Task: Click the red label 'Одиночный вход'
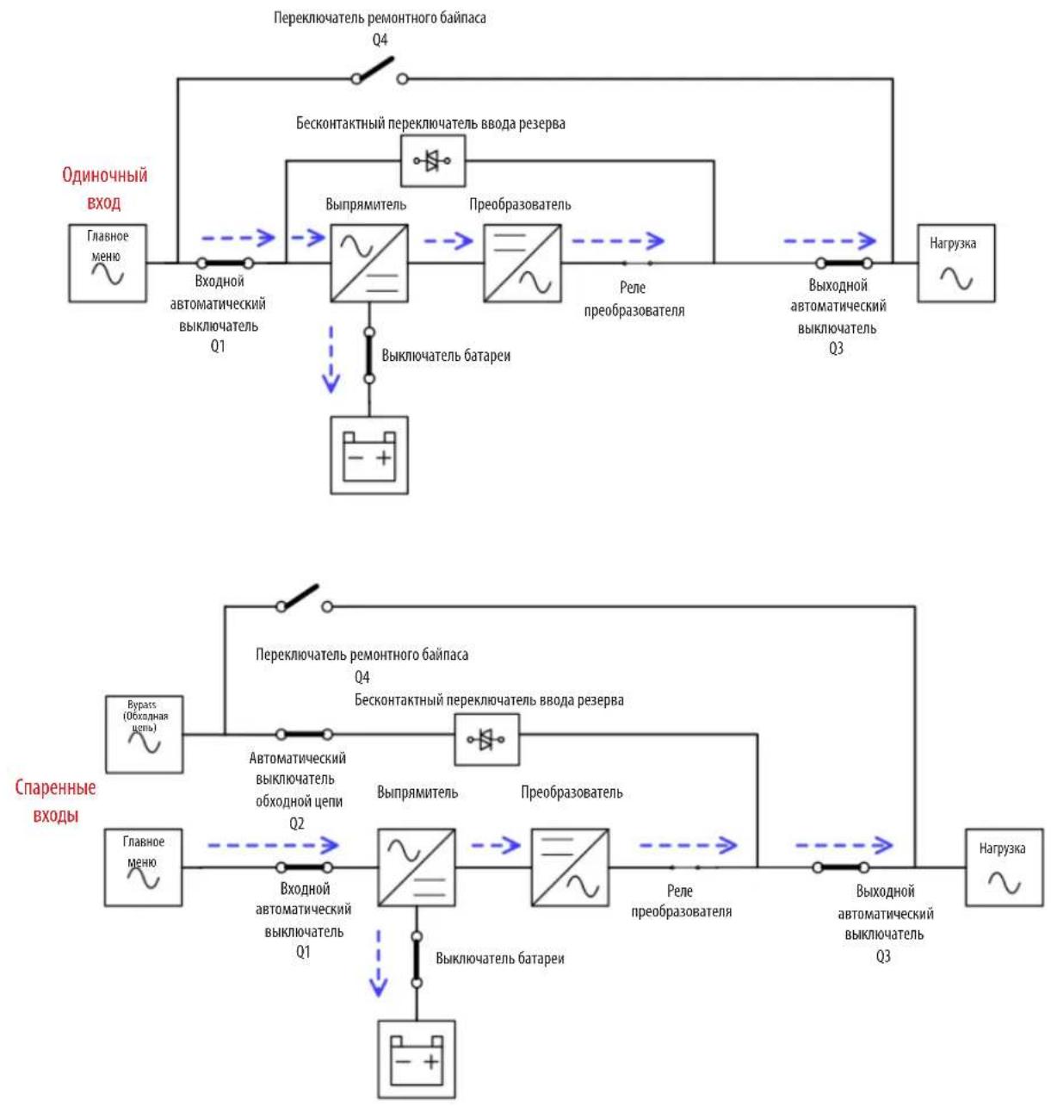[105, 189]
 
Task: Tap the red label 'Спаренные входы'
[55, 801]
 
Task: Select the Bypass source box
[144, 734]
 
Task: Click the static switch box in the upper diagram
[432, 160]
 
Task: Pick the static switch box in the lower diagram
[486, 739]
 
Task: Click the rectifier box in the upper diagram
[369, 264]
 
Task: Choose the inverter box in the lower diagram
[570, 867]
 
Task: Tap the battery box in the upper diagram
[369, 455]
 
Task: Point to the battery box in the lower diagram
[416, 1059]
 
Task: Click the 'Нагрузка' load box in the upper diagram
[956, 264]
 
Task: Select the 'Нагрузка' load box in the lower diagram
[1005, 867]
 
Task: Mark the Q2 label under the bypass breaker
[296, 823]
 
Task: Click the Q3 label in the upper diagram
[836, 349]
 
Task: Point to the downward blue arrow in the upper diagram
[331, 359]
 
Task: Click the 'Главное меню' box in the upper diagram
[108, 264]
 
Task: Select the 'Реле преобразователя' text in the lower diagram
[681, 901]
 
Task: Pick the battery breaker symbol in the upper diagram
[369, 356]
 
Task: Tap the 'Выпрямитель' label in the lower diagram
[417, 792]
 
